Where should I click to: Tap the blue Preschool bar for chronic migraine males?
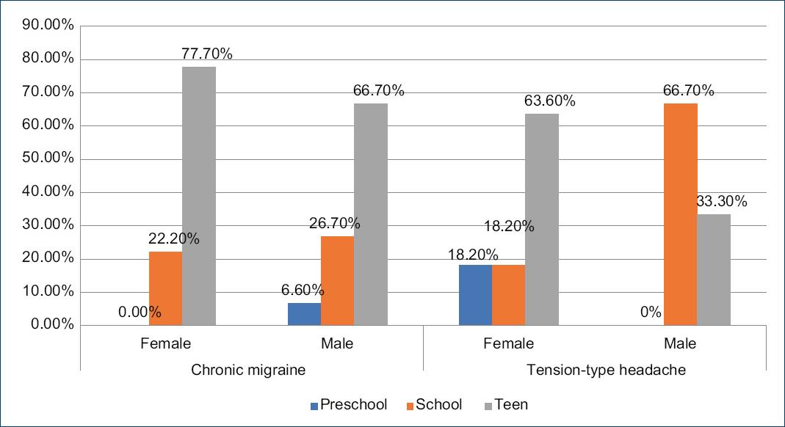pos(304,314)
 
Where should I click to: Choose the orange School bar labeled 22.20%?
pos(165,288)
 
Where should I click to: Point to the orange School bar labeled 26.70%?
pos(337,280)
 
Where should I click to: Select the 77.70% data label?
pos(206,54)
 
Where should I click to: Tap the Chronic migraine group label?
pos(248,370)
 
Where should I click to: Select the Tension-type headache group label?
pos(606,370)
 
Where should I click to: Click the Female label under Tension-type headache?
pos(508,343)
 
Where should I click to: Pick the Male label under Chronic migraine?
pos(337,343)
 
